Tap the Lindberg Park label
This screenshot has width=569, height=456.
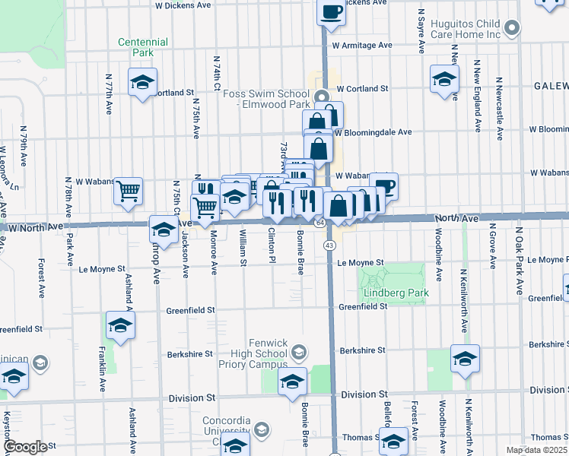(396, 293)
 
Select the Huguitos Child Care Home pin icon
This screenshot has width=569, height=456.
(513, 29)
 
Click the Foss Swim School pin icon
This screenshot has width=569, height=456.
(321, 96)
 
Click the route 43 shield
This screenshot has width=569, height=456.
(329, 245)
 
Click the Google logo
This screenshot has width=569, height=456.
(25, 447)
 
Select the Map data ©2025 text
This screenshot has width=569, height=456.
(537, 451)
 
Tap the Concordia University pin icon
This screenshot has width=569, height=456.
(262, 431)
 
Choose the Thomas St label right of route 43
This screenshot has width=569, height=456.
(361, 437)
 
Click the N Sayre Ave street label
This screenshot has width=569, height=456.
(421, 32)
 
